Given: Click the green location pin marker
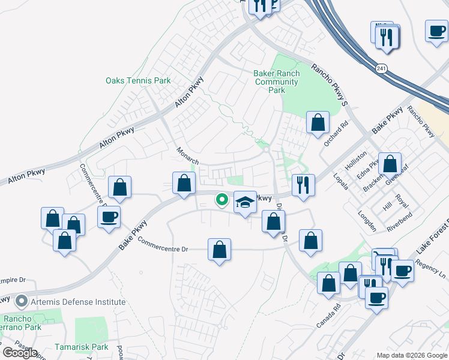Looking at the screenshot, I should pyautogui.click(x=222, y=200).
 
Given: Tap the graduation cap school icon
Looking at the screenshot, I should pyautogui.click(x=244, y=202).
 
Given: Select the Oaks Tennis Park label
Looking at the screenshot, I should pyautogui.click(x=138, y=80).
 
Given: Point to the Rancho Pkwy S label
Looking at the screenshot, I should pyautogui.click(x=329, y=85).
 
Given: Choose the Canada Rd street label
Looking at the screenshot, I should pyautogui.click(x=328, y=314).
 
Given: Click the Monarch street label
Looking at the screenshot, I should pyautogui.click(x=187, y=155).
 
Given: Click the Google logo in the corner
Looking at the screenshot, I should pyautogui.click(x=20, y=352).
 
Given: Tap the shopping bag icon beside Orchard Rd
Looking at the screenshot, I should pyautogui.click(x=318, y=122).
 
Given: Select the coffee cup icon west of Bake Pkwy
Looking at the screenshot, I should pyautogui.click(x=109, y=217).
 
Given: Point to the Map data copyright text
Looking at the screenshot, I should pyautogui.click(x=411, y=355).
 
